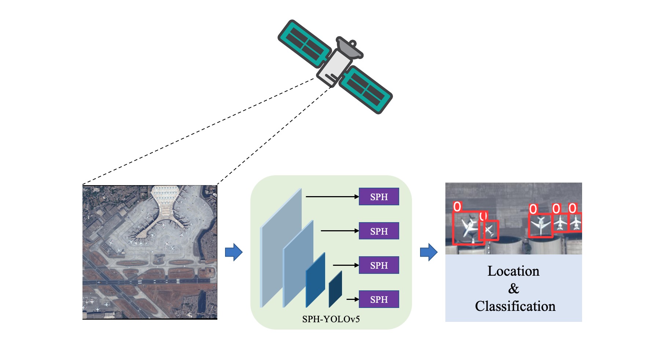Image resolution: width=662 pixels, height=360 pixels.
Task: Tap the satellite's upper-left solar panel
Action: [304, 44]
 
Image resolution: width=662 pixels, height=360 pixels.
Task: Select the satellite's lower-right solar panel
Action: [366, 90]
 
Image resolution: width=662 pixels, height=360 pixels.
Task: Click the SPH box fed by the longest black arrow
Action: [379, 197]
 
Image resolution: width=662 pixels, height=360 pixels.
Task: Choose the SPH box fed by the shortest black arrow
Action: [379, 300]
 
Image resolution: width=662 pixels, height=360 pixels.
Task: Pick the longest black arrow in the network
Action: [332, 197]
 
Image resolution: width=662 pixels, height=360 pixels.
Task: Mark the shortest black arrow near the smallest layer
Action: [352, 300]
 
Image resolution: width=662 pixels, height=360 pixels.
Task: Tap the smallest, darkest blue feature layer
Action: [335, 290]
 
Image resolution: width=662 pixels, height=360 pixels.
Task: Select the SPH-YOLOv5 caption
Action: [331, 319]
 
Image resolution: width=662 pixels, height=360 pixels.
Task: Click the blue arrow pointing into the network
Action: [233, 252]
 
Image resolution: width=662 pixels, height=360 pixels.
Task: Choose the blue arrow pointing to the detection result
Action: [429, 252]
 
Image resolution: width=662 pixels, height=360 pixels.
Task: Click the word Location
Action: [513, 271]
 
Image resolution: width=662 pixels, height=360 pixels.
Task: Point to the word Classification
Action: [515, 306]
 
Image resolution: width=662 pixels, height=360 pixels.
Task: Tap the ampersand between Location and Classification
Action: [514, 289]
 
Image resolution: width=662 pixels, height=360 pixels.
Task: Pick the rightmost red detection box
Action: [575, 222]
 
